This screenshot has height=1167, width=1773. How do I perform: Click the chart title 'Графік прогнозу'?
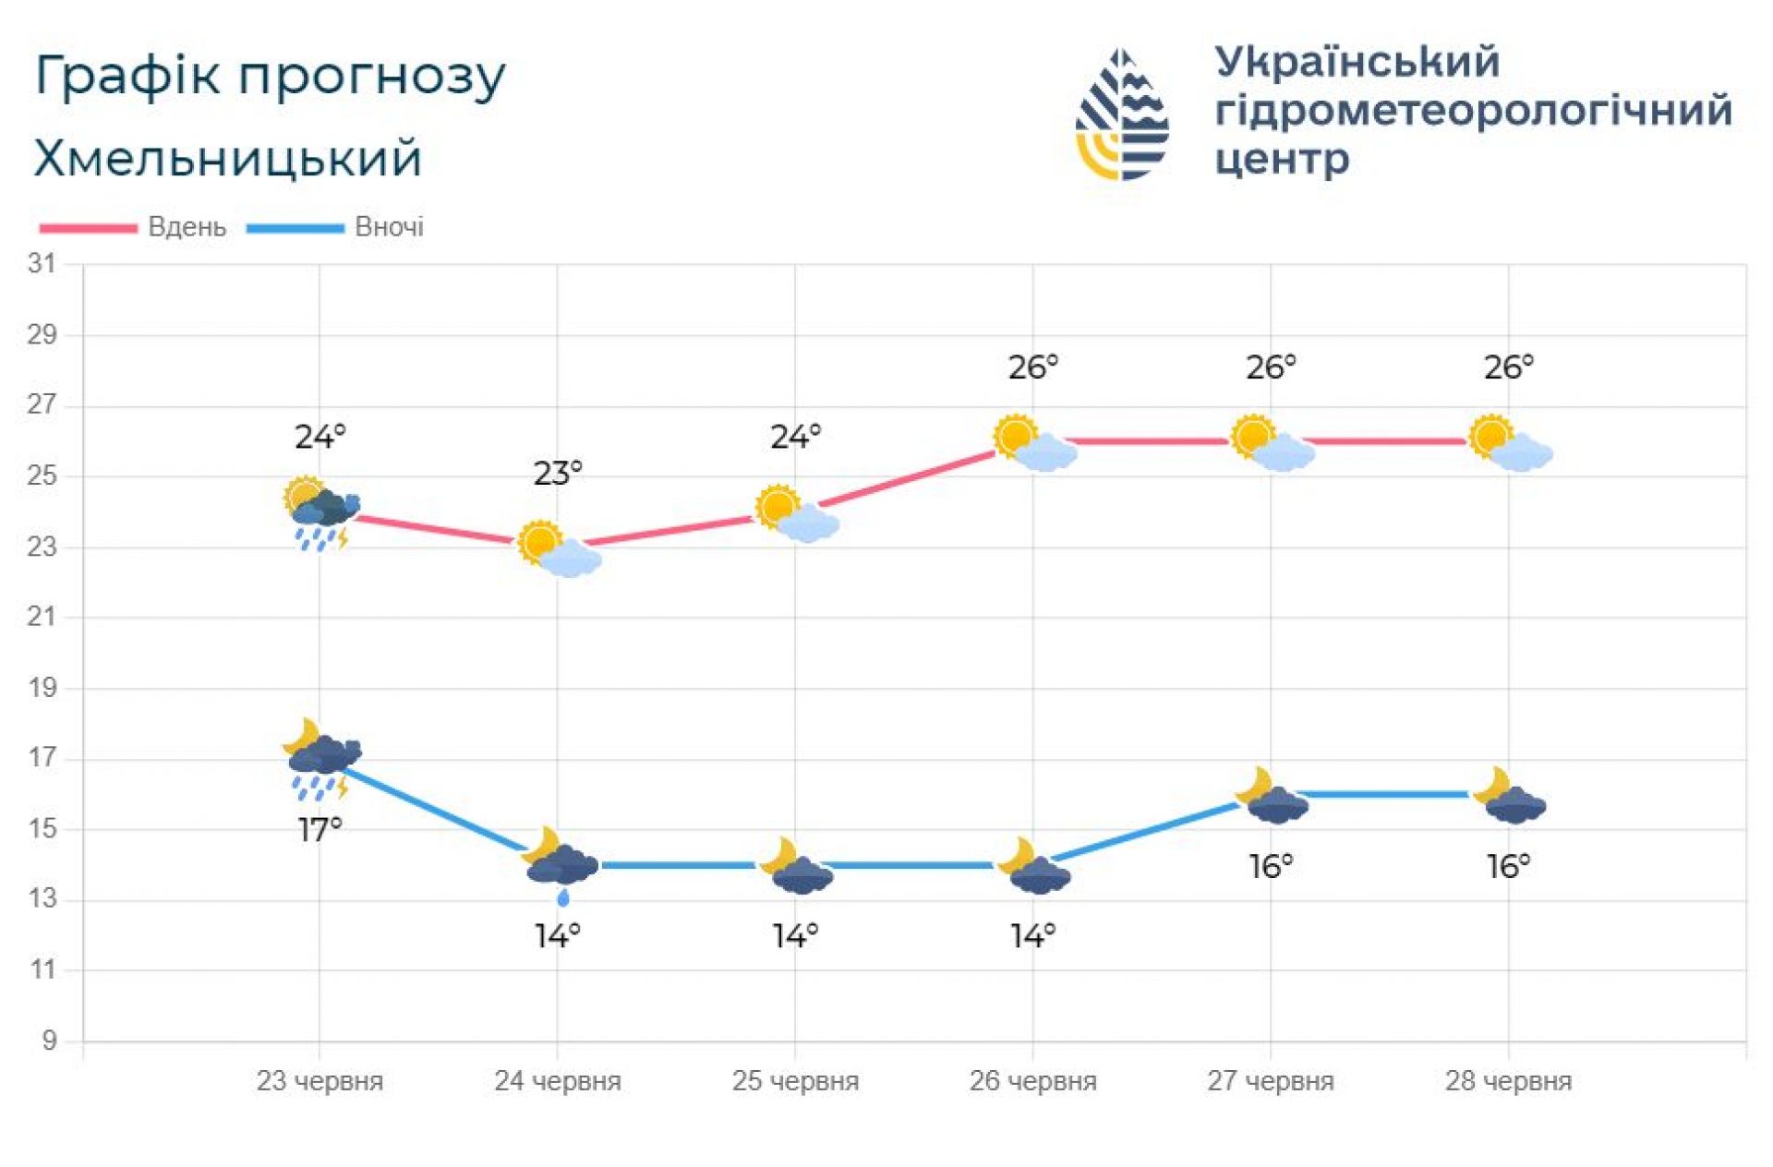[x=270, y=77]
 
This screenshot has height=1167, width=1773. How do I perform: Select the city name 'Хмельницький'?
[x=228, y=158]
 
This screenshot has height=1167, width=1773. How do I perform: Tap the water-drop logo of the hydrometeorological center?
[x=1122, y=114]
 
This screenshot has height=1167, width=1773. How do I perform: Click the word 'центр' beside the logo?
[x=1282, y=159]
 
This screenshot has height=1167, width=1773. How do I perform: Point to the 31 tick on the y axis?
[x=42, y=264]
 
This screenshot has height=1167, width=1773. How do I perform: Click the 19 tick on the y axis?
[x=42, y=688]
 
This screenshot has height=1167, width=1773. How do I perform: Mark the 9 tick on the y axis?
[x=49, y=1041]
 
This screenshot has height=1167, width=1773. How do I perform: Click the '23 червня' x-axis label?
[x=320, y=1080]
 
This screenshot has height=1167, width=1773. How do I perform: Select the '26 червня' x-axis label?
[x=1032, y=1080]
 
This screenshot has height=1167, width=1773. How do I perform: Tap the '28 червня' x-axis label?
[x=1508, y=1080]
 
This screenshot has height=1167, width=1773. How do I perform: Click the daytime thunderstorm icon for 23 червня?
[x=321, y=513]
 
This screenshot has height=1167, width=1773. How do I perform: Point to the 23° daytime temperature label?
[x=558, y=474]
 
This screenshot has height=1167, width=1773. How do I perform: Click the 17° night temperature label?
[x=320, y=829]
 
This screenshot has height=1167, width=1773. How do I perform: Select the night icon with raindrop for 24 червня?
[x=560, y=863]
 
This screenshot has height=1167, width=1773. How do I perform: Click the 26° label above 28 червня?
[x=1508, y=367]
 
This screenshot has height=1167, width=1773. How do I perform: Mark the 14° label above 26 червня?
[x=1032, y=936]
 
